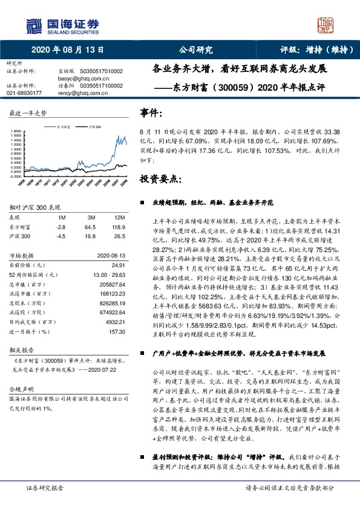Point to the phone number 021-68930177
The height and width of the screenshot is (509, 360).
coord(24,93)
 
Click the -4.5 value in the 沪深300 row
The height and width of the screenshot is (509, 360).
coord(60,236)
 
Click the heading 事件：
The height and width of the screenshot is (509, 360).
coord(151,113)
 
